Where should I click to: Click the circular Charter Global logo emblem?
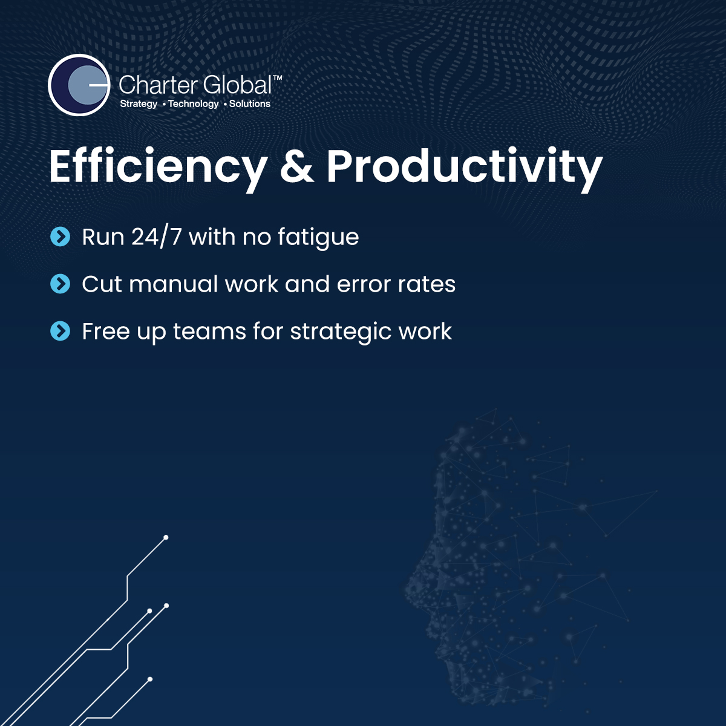79,85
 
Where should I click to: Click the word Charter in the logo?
157,85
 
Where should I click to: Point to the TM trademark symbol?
277,78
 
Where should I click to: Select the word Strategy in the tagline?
139,104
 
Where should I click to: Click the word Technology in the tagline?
193,104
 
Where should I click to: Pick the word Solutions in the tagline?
250,103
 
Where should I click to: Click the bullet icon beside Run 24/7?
60,237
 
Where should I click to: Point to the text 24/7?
156,237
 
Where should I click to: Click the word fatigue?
318,238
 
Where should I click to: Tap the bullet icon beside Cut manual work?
60,284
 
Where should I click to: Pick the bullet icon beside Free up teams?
60,331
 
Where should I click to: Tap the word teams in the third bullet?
209,332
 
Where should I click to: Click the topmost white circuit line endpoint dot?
165,537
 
